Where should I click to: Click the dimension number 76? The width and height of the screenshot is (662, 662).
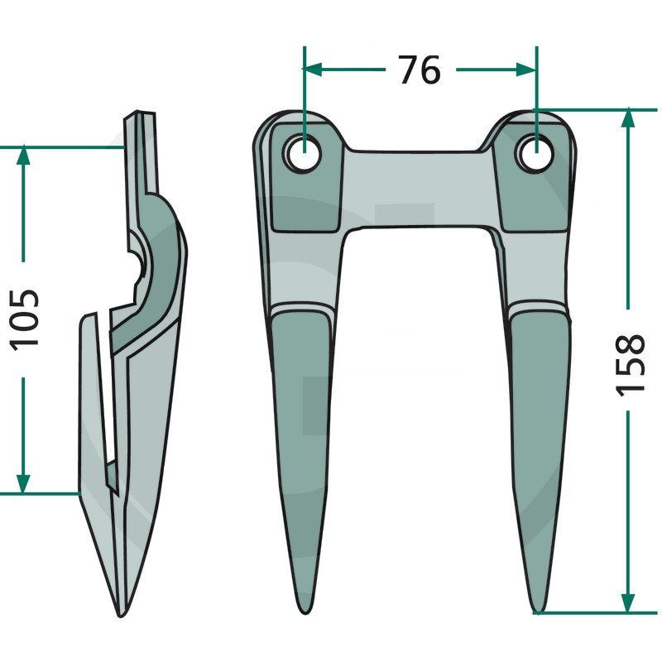pos(420,70)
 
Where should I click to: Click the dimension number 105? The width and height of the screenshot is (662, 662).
pos(25,318)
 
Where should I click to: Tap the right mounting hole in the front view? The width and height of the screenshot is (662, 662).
pos(534,153)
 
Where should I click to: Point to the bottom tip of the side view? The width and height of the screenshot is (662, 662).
pos(121,612)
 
